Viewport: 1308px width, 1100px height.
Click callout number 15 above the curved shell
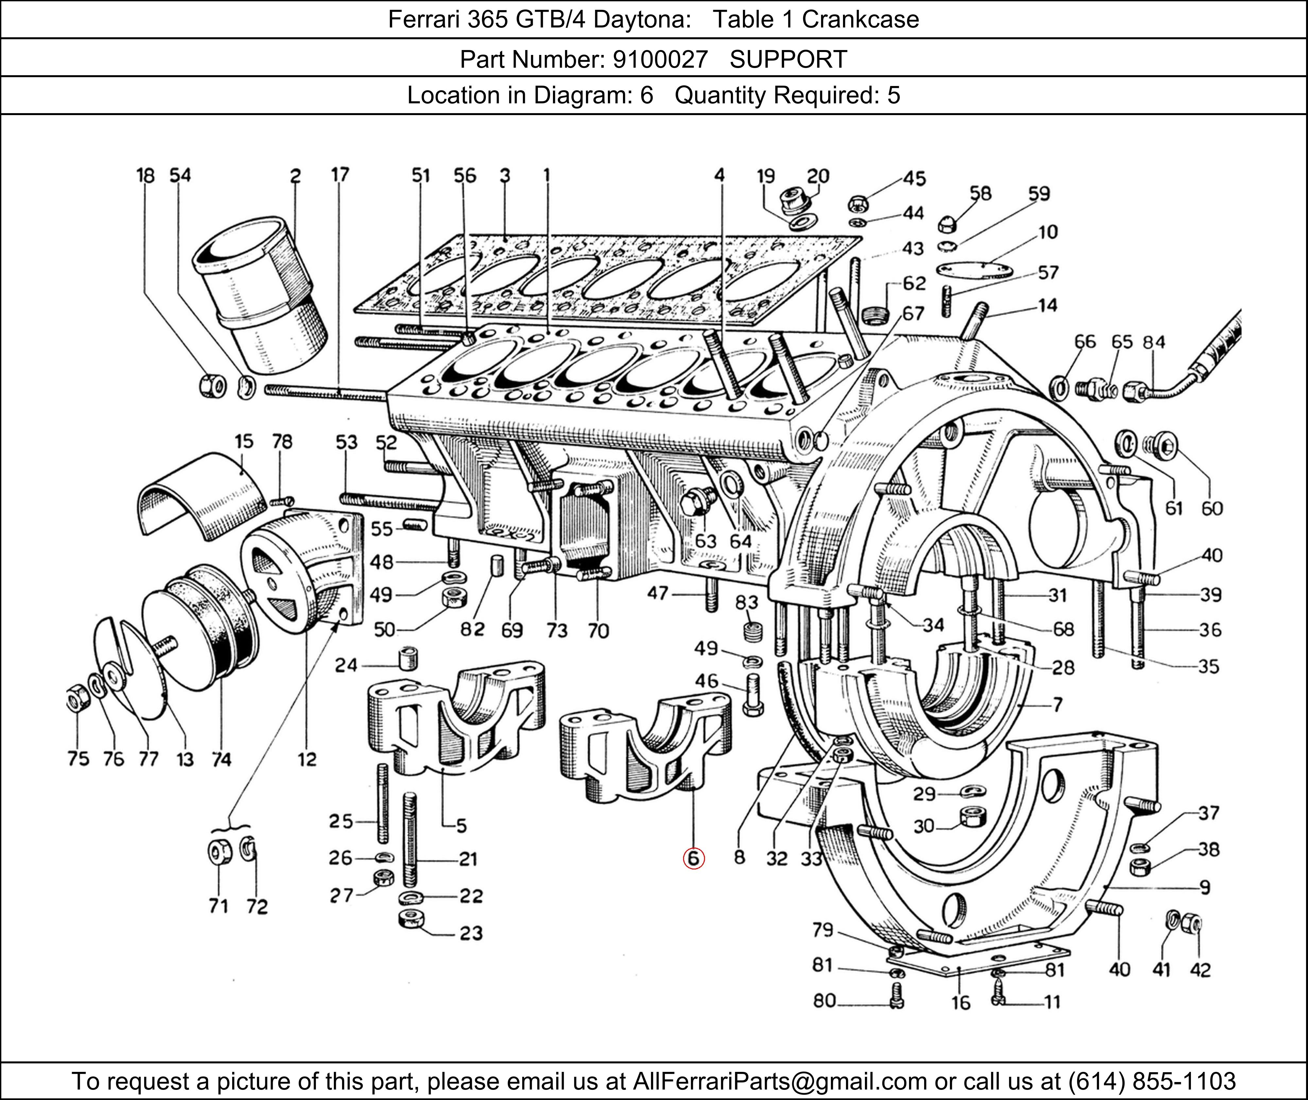click(244, 441)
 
